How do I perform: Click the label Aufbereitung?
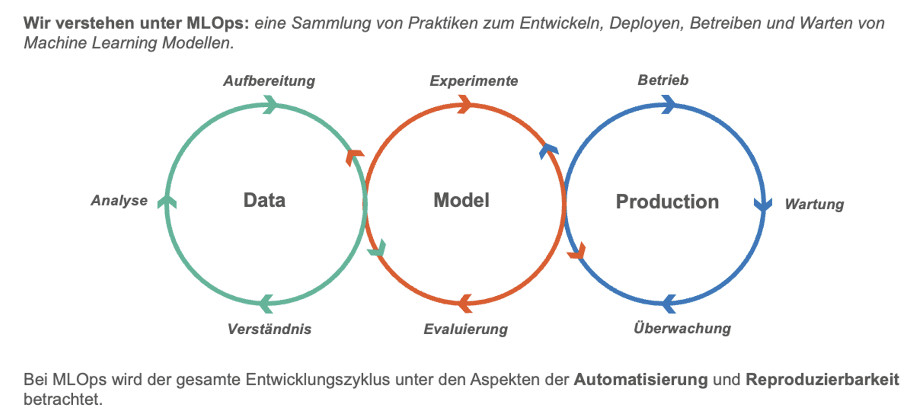pyautogui.click(x=269, y=81)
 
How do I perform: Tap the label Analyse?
pyautogui.click(x=119, y=201)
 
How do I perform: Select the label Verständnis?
pyautogui.click(x=269, y=329)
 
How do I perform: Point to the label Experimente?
pyautogui.click(x=473, y=81)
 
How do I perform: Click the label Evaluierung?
pyautogui.click(x=465, y=329)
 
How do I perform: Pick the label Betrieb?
pyautogui.click(x=663, y=80)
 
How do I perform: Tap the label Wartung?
pyautogui.click(x=814, y=205)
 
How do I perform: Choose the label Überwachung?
pyautogui.click(x=682, y=328)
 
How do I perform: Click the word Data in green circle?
pyautogui.click(x=264, y=201)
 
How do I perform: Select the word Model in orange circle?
pyautogui.click(x=461, y=201)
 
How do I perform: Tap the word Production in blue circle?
pyautogui.click(x=667, y=202)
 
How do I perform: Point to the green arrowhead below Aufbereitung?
pyautogui.click(x=270, y=105)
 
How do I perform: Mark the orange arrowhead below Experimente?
pyautogui.click(x=464, y=104)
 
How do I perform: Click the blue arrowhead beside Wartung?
pyautogui.click(x=763, y=205)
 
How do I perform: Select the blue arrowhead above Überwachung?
pyautogui.click(x=669, y=303)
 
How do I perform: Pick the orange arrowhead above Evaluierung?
pyautogui.click(x=465, y=303)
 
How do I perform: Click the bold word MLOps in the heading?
pyautogui.click(x=217, y=23)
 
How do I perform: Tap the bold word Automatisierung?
pyautogui.click(x=641, y=380)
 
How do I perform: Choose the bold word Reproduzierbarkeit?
pyautogui.click(x=822, y=380)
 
